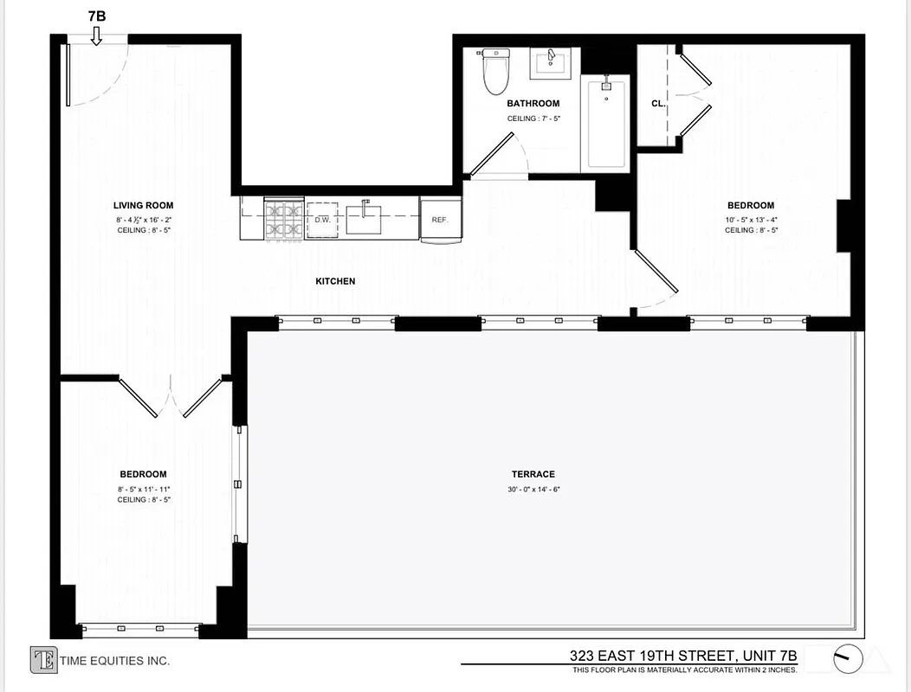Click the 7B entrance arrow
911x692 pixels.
coord(96,35)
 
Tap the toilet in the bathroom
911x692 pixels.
coord(495,73)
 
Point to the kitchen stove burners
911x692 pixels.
coord(283,220)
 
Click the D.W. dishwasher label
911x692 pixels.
coord(322,220)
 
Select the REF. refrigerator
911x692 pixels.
coord(440,220)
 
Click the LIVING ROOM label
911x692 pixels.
coord(143,206)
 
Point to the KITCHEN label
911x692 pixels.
coord(335,281)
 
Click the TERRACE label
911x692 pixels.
coord(533,474)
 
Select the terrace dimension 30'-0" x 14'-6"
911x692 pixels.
coord(533,490)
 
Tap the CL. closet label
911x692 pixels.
coord(658,104)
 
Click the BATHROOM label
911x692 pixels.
coord(533,104)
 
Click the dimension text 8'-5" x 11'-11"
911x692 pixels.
coord(143,489)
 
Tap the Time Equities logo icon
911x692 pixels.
coord(43,660)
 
